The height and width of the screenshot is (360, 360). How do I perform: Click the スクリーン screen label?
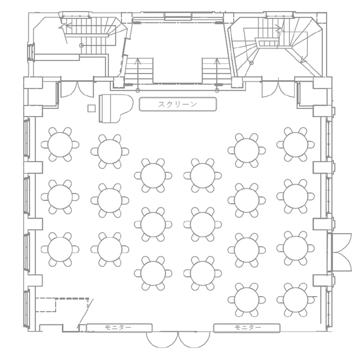point(178,105)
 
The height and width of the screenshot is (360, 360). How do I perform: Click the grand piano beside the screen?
point(116,108)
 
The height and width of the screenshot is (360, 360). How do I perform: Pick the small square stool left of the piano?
point(91,108)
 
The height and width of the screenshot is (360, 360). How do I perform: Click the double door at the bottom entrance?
point(178,340)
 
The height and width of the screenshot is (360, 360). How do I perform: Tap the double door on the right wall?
point(341,252)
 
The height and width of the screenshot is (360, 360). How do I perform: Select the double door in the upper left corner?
point(77,90)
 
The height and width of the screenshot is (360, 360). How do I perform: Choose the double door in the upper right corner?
point(278,90)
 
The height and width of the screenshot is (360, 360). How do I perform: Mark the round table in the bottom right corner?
point(296,300)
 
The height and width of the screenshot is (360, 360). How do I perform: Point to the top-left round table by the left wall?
point(60,144)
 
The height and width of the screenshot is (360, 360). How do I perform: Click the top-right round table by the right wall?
point(296,144)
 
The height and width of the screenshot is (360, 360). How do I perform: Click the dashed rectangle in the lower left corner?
point(46,305)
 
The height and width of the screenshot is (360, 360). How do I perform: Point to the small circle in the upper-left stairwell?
point(81,46)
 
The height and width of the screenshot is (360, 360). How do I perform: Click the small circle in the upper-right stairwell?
point(252,62)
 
